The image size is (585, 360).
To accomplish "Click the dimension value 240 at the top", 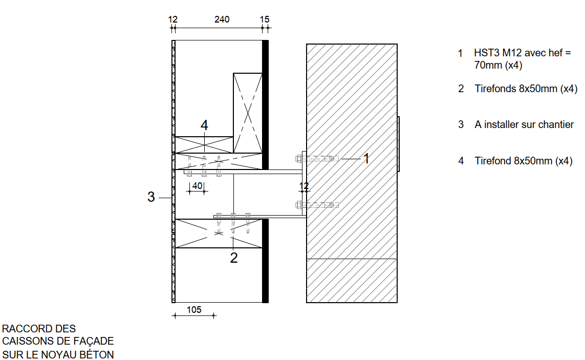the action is coord(222,19).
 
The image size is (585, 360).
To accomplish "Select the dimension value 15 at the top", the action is coord(265,19).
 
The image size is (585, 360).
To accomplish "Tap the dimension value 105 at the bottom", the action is coord(194,310).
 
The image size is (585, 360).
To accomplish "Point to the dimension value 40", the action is coord(197,185).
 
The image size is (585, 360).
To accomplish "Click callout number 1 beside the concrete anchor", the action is coord(366,158).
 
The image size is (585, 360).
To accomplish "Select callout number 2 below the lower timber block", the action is coord(233,258).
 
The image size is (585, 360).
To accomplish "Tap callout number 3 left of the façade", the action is coord(150,197).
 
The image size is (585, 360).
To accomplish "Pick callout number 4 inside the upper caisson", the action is coord(204,125).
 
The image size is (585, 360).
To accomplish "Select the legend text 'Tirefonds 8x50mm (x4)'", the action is coord(526,89).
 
